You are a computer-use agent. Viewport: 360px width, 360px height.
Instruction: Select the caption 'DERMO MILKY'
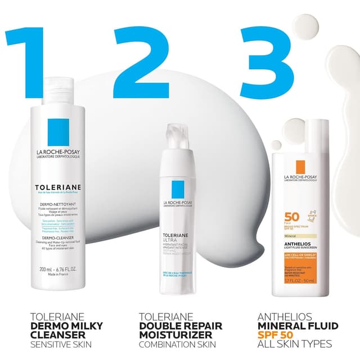(58, 325)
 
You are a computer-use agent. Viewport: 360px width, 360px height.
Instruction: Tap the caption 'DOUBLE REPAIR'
(181, 326)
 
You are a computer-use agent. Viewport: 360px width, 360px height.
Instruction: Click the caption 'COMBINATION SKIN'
(178, 344)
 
